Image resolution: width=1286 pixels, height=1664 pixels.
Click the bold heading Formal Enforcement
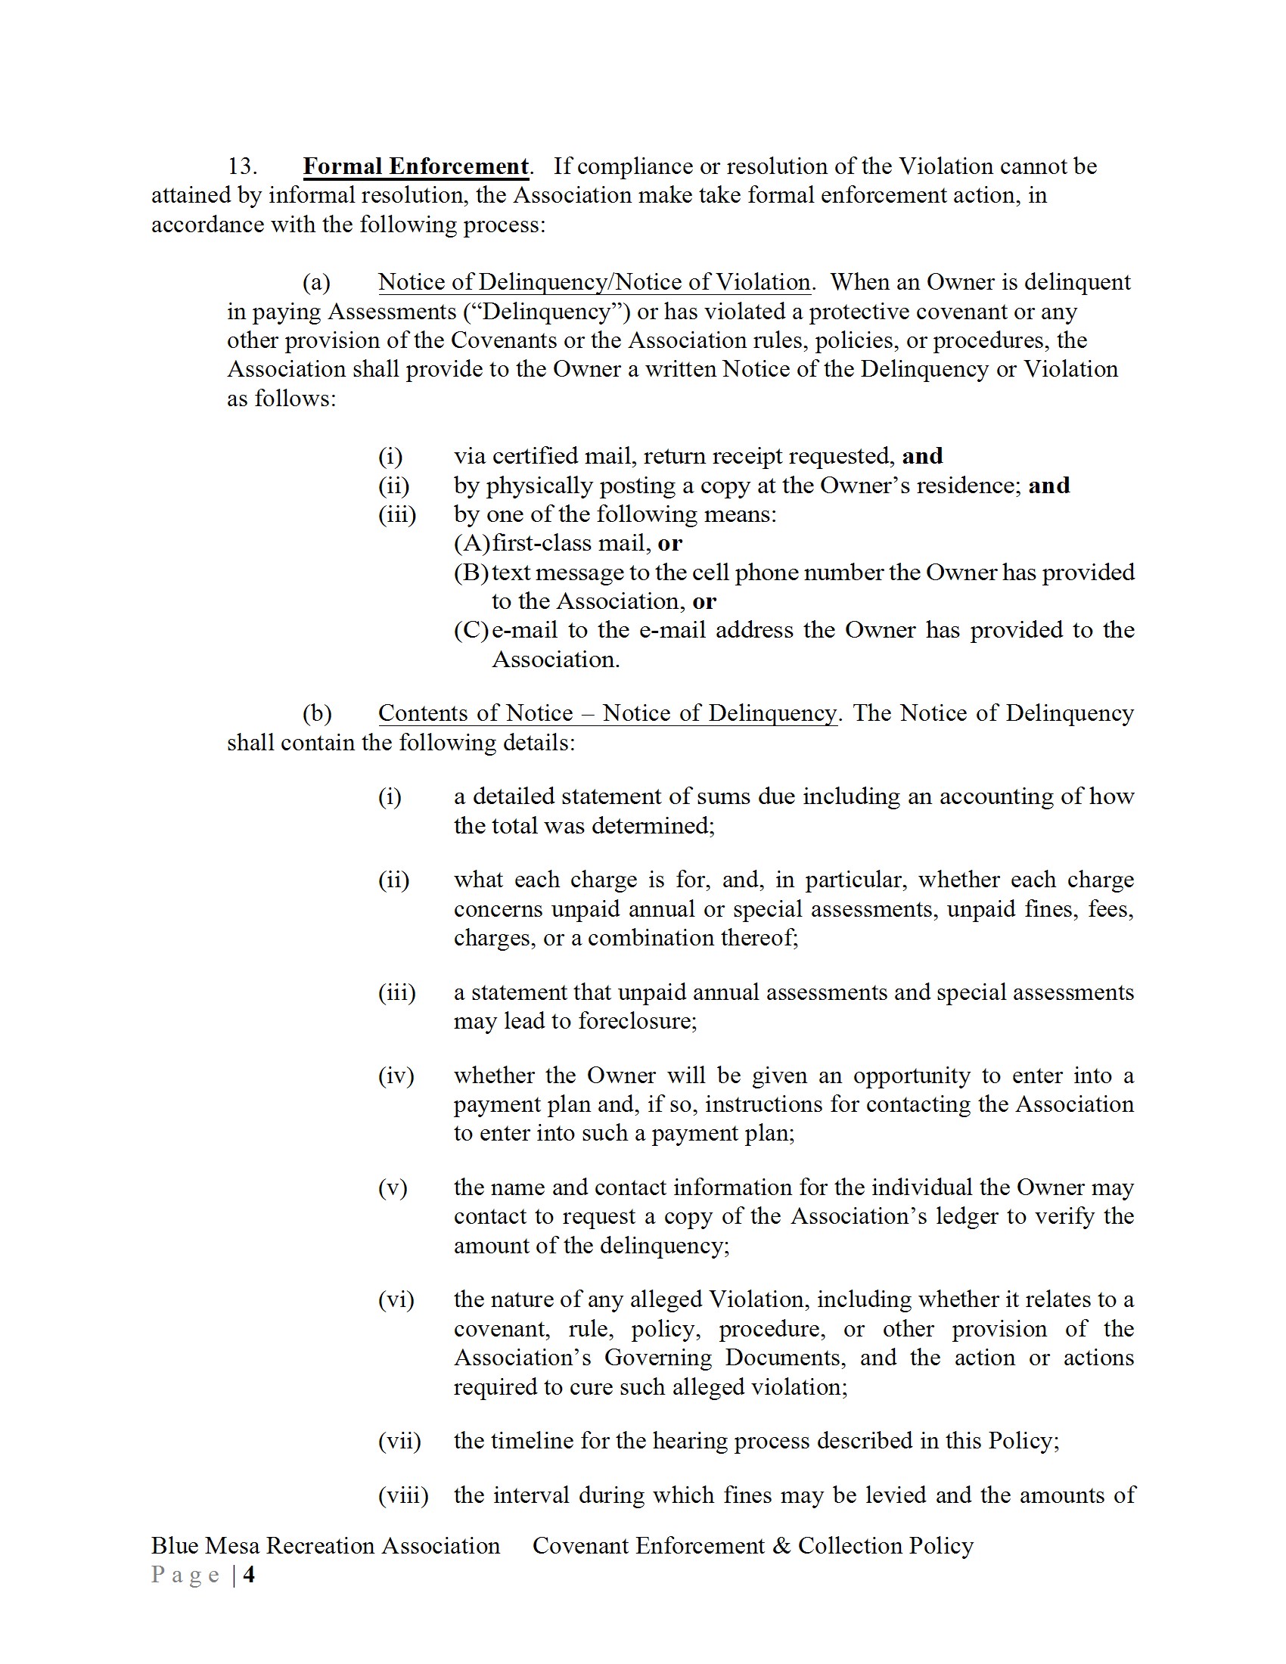[x=415, y=166]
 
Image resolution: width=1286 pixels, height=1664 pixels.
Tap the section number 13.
[x=242, y=166]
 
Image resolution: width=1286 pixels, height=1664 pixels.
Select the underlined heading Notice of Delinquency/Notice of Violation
[x=595, y=282]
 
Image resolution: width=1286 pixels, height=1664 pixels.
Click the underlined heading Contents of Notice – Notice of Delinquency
[x=607, y=713]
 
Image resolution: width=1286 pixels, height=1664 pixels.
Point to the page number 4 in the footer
[x=249, y=1574]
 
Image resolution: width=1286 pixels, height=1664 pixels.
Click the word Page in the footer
[x=186, y=1574]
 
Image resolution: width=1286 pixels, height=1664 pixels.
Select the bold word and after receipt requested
[x=923, y=455]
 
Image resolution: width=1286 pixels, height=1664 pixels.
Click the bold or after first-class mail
[x=670, y=543]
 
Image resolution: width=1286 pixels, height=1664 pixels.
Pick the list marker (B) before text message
[x=471, y=573]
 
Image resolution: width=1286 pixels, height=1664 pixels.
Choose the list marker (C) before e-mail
[x=471, y=630]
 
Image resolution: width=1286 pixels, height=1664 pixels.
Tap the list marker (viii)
[x=403, y=1495]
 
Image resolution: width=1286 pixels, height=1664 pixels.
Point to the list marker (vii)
[x=399, y=1441]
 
